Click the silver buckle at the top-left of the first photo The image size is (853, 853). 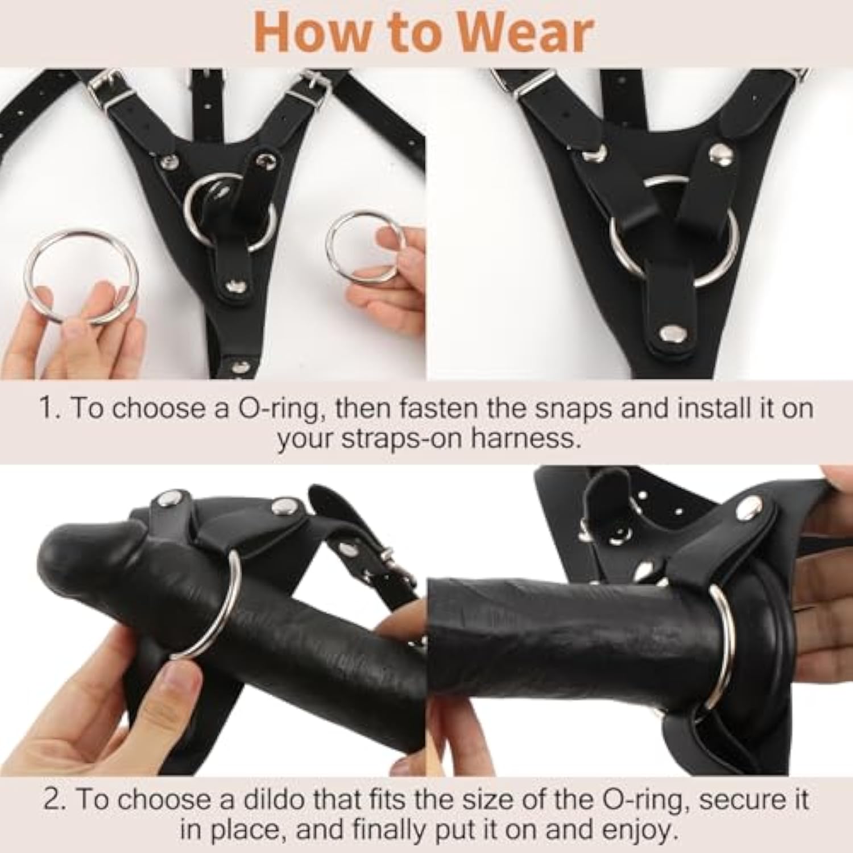(x=103, y=85)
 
